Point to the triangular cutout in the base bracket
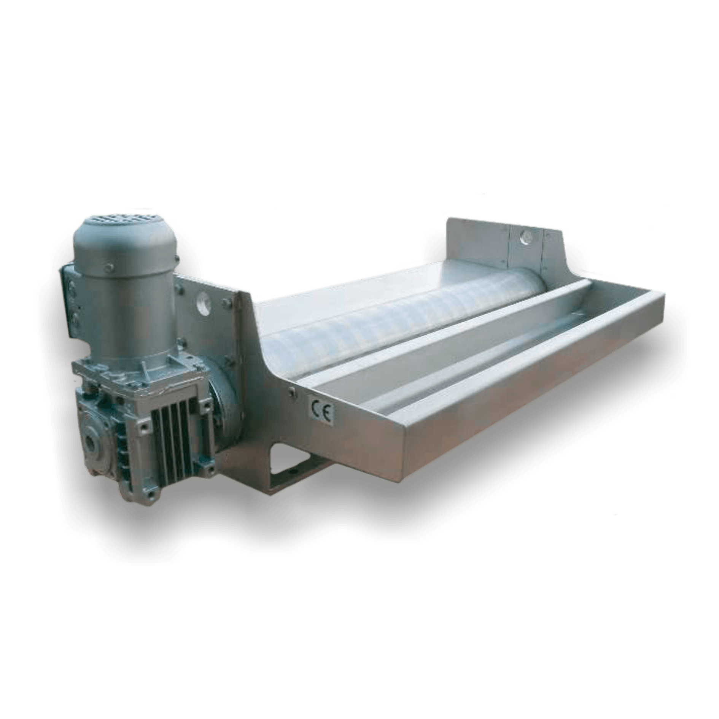click(x=287, y=466)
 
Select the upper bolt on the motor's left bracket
click(x=71, y=283)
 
